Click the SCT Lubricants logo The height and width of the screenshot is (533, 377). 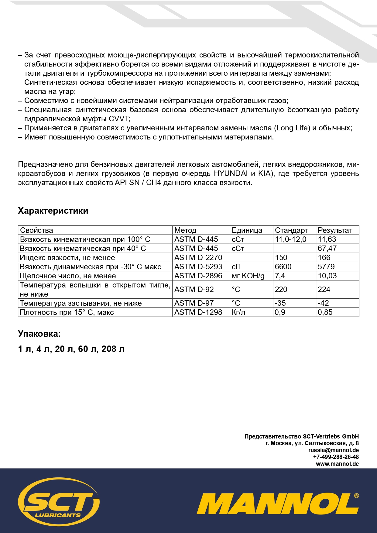coord(59,501)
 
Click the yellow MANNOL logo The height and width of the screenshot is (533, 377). coord(278,504)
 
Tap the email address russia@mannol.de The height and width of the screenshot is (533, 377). coord(333,450)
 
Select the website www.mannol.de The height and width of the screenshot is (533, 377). coord(337,464)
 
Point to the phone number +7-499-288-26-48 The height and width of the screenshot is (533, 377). coord(336,457)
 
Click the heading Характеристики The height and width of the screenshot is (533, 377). coord(53,211)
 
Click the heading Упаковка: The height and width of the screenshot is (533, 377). coord(39,334)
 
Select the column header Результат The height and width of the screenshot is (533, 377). coord(335,230)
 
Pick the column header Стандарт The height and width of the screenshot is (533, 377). coord(291,230)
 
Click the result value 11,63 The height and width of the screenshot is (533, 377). coord(327,239)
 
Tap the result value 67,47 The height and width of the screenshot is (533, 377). coord(327,249)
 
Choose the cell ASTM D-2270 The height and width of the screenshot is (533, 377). coord(198,258)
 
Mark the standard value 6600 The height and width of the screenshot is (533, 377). coord(283,267)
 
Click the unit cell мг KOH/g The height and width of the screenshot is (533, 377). coord(248,276)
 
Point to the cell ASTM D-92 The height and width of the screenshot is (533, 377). coord(194,289)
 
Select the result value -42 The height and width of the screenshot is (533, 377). coord(323,303)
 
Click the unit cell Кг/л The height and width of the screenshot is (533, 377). coord(238,312)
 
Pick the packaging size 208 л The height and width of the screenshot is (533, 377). coord(113,349)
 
